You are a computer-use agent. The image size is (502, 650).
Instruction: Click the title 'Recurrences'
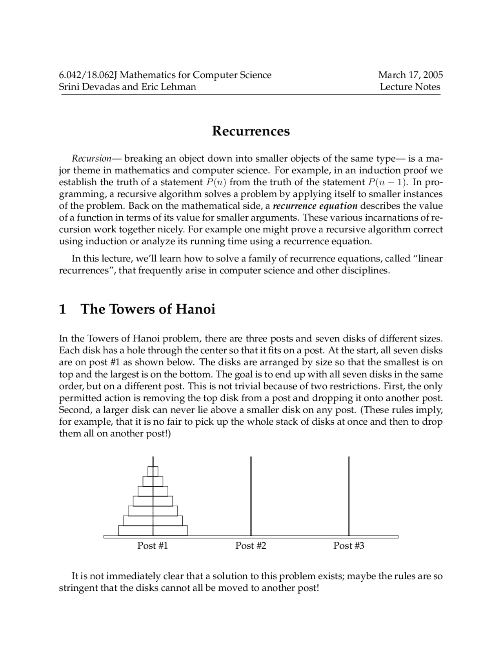251,131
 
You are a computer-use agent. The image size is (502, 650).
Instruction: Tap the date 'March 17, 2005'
410,75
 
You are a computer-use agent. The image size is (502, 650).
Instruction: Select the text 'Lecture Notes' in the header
410,87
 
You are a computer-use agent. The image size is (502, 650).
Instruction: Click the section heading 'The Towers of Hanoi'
148,309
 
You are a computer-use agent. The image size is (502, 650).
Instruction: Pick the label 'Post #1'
153,546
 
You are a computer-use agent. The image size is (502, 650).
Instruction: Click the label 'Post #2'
251,546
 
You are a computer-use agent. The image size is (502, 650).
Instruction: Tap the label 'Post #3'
349,546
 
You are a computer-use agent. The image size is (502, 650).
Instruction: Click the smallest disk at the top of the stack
153,471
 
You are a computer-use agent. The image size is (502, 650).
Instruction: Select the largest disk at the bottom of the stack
153,530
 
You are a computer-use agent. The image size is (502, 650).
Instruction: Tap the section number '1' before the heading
62,309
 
